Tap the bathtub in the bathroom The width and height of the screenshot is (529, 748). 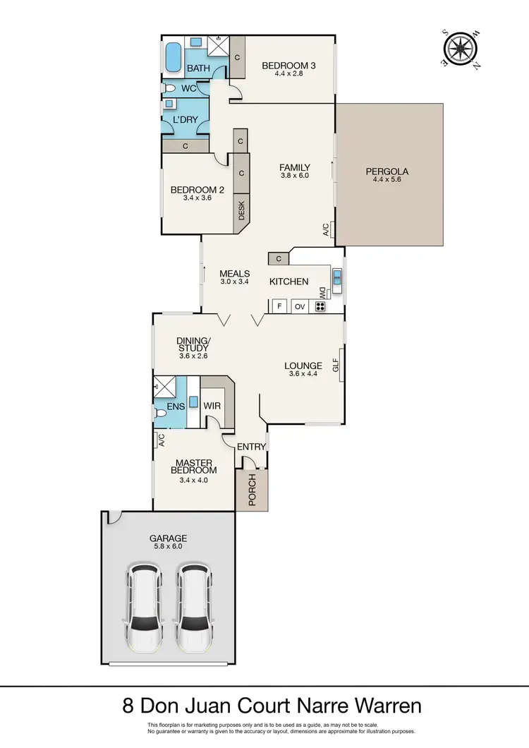click(173, 57)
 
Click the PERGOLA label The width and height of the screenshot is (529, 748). click(387, 171)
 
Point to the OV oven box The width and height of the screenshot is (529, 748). click(299, 306)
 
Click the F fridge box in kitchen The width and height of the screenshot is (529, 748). click(279, 306)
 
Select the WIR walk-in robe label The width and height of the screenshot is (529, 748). click(212, 406)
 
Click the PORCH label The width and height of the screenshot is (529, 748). click(252, 490)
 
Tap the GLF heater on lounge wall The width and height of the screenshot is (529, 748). click(336, 366)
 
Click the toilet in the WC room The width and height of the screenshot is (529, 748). click(168, 89)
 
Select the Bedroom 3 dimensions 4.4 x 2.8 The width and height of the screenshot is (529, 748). click(288, 74)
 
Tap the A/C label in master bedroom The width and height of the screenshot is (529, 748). click(161, 440)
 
